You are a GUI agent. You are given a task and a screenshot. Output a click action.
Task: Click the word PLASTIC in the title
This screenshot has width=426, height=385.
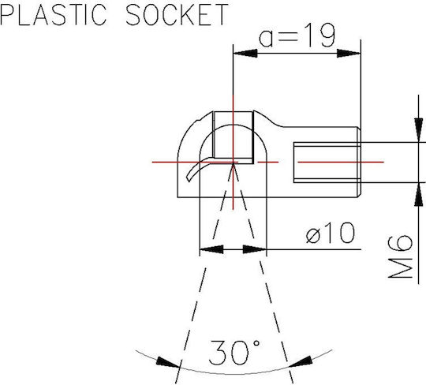coord(53,14)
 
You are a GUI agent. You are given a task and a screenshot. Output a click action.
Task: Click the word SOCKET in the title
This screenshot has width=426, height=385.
coord(177,14)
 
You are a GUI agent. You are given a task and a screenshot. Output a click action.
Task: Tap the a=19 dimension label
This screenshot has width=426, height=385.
coord(297,36)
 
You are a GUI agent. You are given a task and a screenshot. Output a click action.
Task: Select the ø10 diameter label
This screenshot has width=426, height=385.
coord(331,233)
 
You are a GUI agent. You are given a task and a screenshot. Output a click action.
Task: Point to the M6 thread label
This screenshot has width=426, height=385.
coord(400,256)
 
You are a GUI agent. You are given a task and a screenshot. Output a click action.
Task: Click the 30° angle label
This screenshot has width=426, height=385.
coord(234,352)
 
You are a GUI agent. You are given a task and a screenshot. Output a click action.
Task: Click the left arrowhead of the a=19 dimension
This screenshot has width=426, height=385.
coord(245,54)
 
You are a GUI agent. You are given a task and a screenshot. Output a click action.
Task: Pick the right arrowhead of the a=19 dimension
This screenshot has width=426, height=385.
coord(349,54)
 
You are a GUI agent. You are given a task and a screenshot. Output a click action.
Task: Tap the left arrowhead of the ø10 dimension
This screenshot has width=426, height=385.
coord(211,249)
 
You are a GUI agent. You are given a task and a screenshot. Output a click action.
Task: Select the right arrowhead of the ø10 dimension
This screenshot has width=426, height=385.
coord(255,249)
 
